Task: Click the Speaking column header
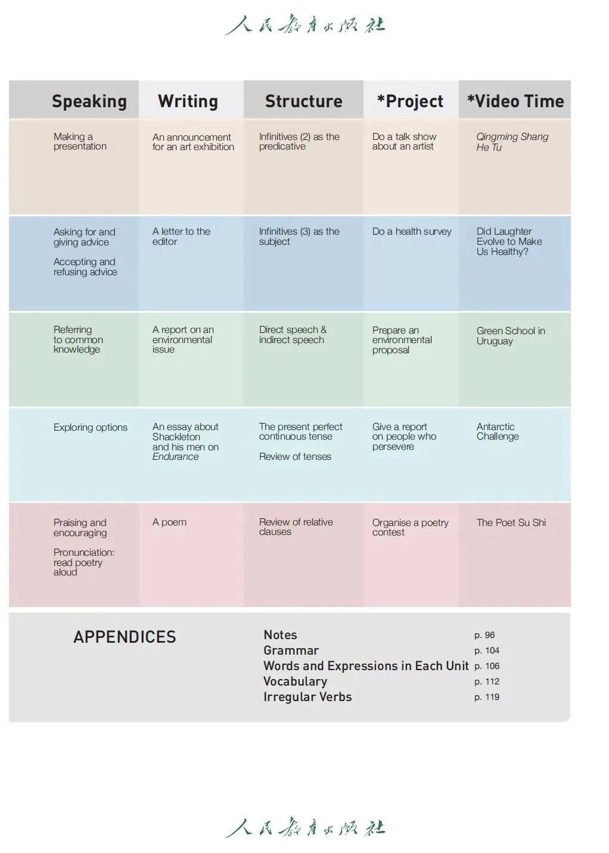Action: pos(89,101)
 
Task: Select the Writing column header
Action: pos(188,101)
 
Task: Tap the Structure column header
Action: pos(303,101)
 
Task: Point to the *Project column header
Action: pos(410,101)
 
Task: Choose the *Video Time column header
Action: pos(515,101)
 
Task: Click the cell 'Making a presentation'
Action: pos(80,142)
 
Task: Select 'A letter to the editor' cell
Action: pos(181,236)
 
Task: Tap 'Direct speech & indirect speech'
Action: pos(293,335)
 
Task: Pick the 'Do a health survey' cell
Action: pos(412,232)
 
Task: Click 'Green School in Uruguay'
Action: pos(511,336)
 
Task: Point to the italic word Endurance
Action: pos(175,457)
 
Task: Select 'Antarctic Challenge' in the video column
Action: pos(498,432)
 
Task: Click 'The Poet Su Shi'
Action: pos(511,523)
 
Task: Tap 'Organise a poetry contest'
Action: pos(410,528)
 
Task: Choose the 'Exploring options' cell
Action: pos(91,428)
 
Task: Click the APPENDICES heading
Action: pos(125,637)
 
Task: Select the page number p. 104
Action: pos(487,651)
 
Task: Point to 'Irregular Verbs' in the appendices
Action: pos(307,697)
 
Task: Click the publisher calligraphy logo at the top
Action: pos(305,25)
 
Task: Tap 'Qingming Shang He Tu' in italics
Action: pos(512,142)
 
